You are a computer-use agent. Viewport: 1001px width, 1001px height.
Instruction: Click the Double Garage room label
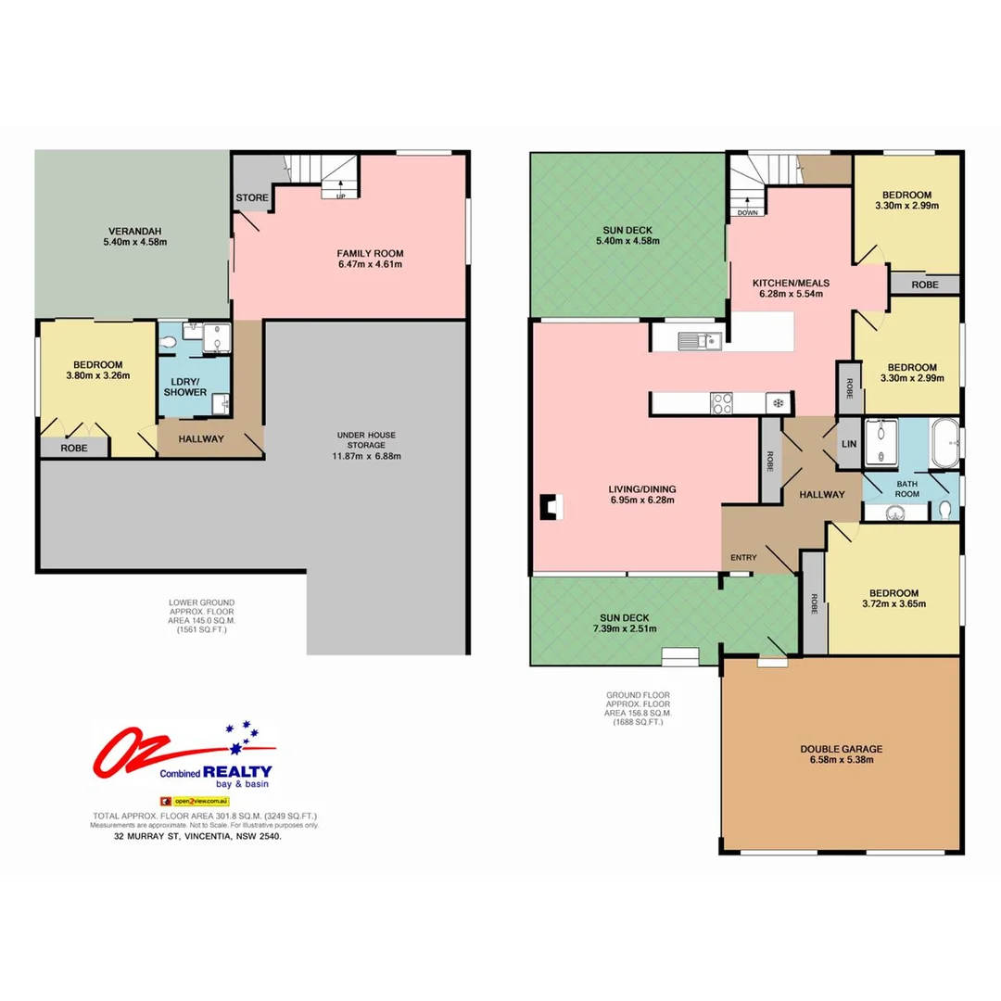tap(842, 749)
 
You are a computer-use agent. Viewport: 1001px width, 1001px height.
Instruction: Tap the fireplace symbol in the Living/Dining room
tap(551, 507)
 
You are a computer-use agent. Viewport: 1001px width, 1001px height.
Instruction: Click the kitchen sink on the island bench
tap(700, 341)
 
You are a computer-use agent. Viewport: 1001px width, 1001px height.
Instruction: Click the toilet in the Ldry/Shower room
tap(168, 343)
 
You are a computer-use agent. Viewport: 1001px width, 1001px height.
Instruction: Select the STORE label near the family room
tap(251, 198)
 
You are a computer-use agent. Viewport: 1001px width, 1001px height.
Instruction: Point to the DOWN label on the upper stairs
tap(748, 212)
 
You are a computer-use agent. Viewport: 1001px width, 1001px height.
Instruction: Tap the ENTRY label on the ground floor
tap(743, 557)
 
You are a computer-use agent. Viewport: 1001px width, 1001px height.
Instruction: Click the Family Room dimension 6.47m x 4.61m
tap(370, 264)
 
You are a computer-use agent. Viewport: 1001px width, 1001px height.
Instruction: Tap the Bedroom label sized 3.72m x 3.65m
tap(893, 599)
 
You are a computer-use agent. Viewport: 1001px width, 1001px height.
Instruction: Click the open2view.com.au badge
tap(195, 800)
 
